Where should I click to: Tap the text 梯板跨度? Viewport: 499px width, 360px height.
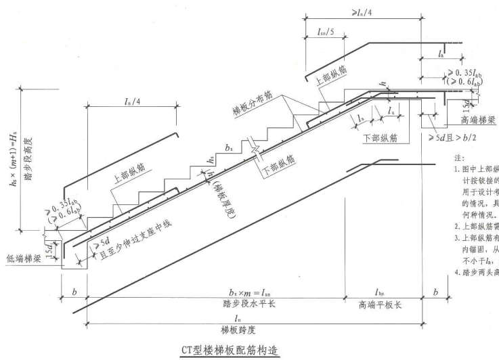236,329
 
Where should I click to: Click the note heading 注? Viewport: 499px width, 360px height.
458,156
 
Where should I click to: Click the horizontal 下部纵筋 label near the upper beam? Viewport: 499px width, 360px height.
380,136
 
